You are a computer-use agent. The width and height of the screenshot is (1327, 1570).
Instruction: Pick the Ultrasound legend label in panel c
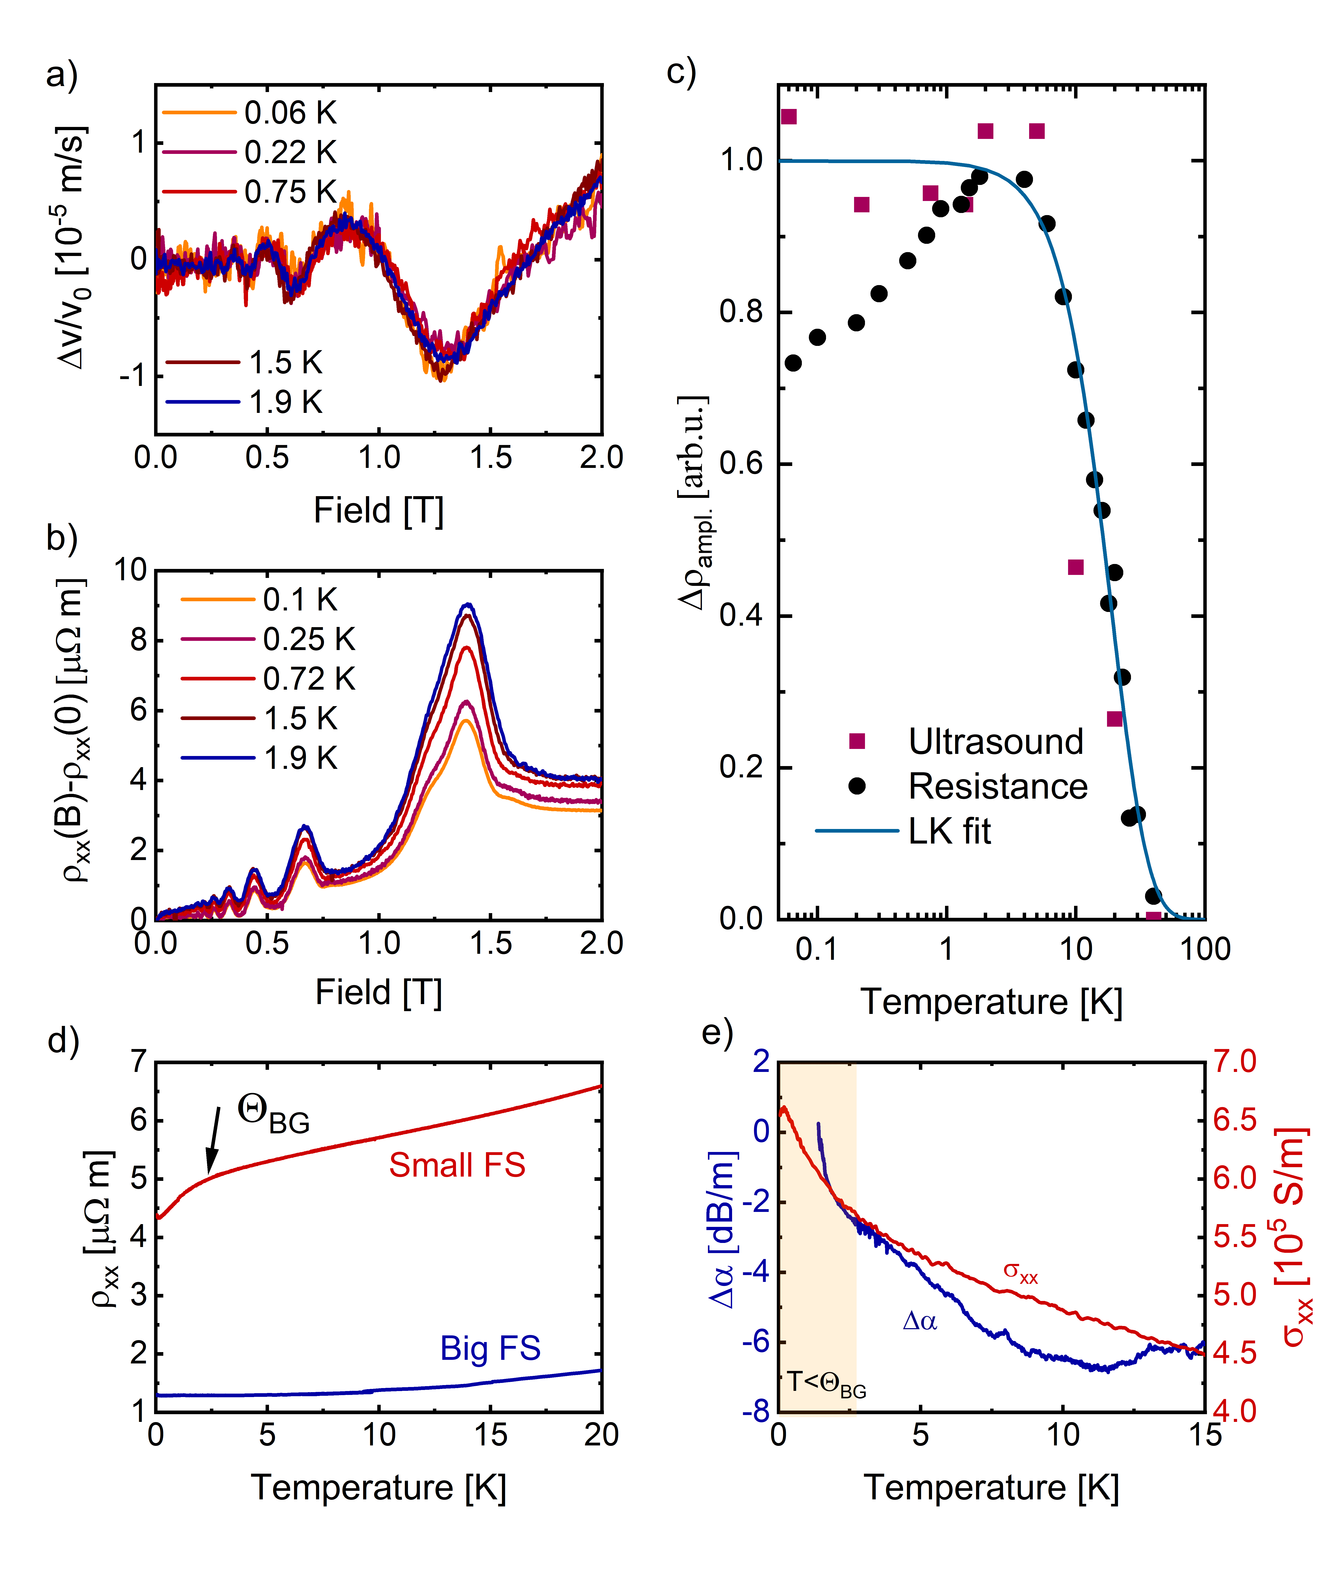[995, 742]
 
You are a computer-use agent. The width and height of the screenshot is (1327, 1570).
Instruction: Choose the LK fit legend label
[949, 831]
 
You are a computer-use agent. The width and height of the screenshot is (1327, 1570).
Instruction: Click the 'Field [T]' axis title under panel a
[378, 511]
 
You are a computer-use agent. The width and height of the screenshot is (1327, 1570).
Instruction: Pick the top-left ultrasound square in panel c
[788, 117]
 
